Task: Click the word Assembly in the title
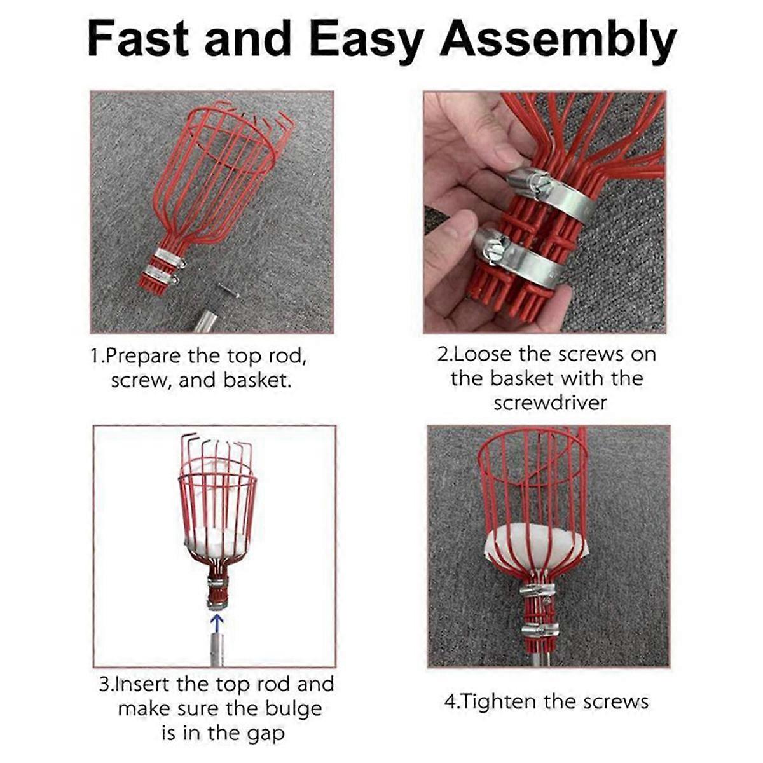558,39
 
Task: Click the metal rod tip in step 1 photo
205,321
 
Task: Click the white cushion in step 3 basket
216,541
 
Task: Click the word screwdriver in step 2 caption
550,403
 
